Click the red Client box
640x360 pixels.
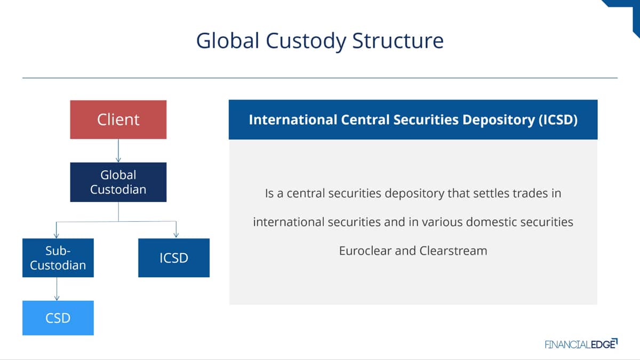(x=118, y=119)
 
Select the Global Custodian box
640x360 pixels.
(x=118, y=182)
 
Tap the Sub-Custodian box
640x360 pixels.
(x=58, y=258)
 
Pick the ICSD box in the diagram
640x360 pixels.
(x=174, y=258)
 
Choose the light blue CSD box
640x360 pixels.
(x=58, y=318)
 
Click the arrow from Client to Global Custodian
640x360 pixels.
(x=118, y=151)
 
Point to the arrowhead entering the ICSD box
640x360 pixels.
(x=176, y=235)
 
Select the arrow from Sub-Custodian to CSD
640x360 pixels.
(x=57, y=289)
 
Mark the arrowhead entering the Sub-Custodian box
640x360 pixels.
(x=57, y=235)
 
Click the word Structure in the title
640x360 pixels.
(x=398, y=41)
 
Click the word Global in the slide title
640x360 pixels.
(x=228, y=41)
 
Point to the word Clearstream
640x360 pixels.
(x=453, y=251)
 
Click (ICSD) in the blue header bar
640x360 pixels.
(x=558, y=119)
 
